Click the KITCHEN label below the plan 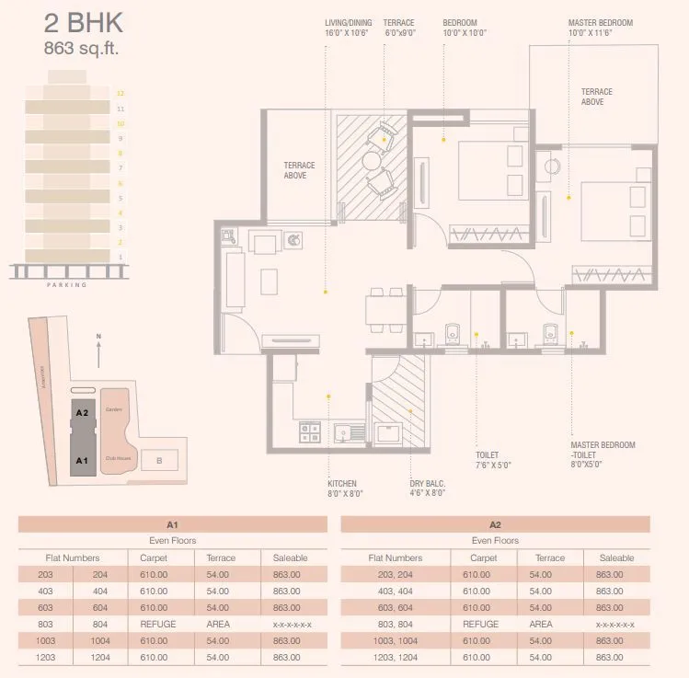tap(342, 483)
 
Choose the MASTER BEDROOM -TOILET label tap(603, 451)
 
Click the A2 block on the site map tap(82, 413)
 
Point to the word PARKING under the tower tap(66, 285)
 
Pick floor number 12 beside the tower tap(120, 93)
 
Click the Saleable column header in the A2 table tap(616, 557)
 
